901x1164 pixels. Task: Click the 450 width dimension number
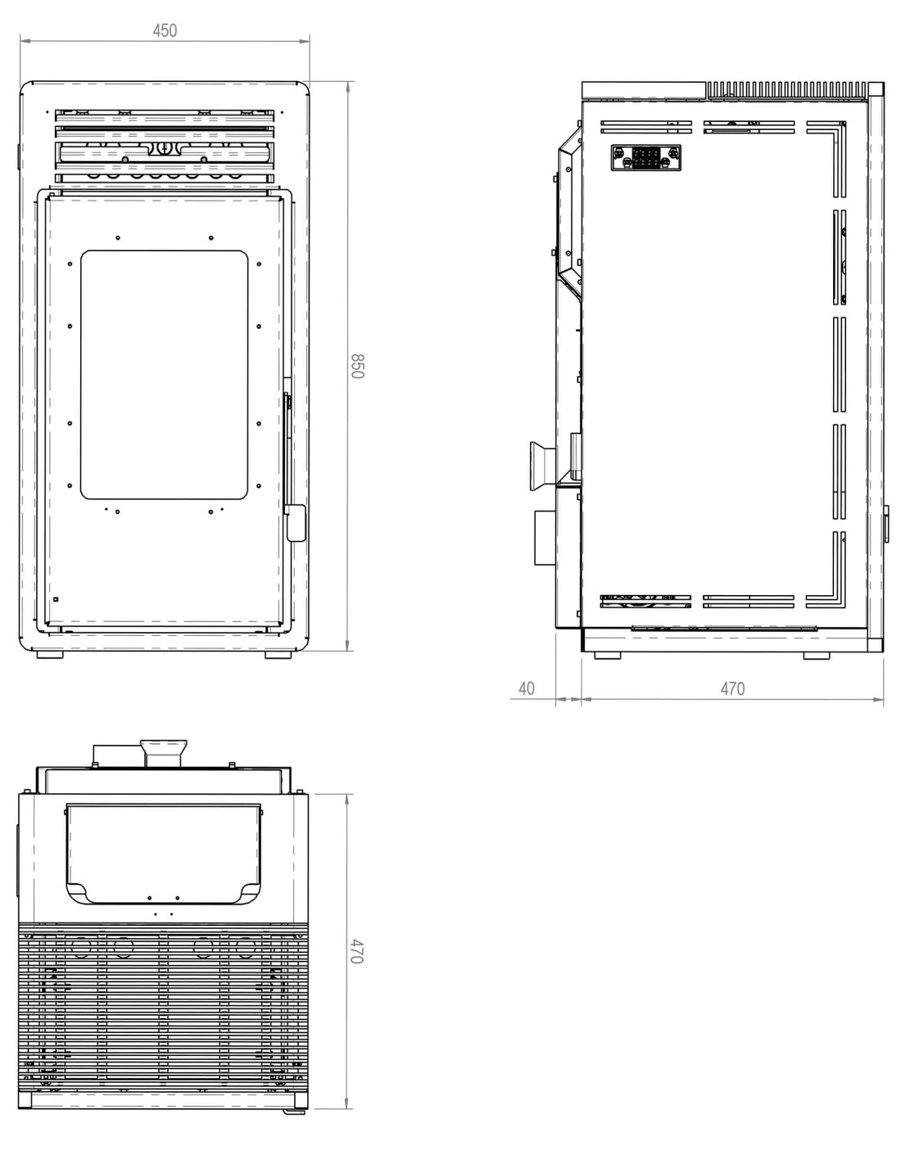[165, 30]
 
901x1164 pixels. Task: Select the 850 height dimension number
[357, 366]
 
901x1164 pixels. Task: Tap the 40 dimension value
[527, 688]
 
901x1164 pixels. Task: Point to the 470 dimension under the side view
[732, 688]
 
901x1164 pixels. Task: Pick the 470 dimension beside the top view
[357, 951]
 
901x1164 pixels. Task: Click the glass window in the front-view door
[164, 374]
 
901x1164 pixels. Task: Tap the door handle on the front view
[296, 523]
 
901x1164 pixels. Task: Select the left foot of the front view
[50, 655]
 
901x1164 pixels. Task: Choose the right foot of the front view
[278, 655]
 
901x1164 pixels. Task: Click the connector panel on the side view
[646, 157]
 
